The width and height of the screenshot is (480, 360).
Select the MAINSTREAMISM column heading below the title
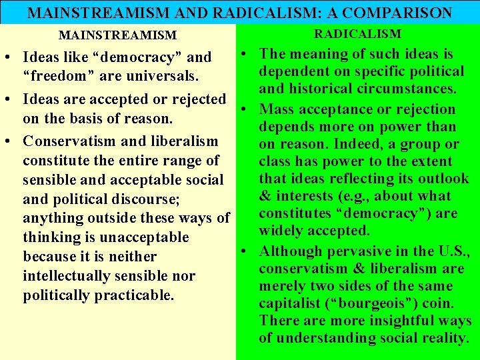click(118, 35)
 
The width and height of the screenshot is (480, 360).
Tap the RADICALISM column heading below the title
click(358, 33)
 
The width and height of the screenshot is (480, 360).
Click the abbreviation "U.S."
click(453, 251)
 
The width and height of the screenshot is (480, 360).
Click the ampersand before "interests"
click(265, 196)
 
